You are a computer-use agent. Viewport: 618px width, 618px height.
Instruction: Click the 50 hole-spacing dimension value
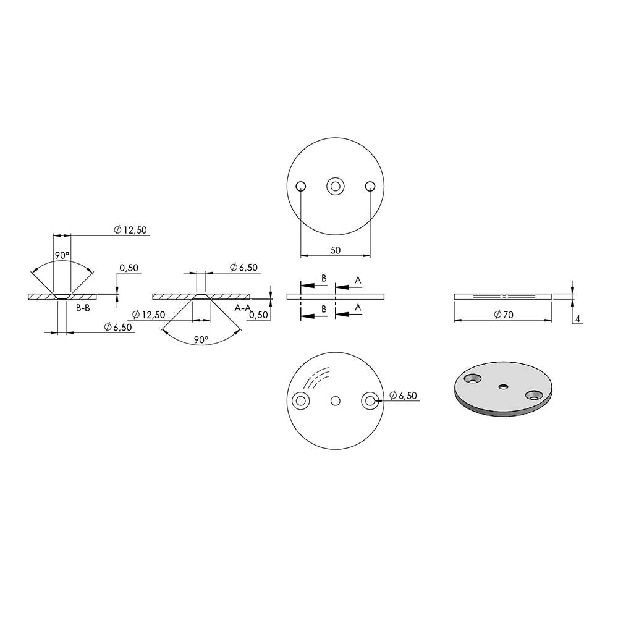(x=335, y=250)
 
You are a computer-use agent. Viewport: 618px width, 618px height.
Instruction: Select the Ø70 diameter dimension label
(x=504, y=315)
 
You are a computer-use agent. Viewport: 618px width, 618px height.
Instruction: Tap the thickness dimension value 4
(x=578, y=319)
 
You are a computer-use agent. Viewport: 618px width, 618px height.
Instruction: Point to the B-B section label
(x=83, y=308)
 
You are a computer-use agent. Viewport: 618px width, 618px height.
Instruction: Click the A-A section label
(x=242, y=308)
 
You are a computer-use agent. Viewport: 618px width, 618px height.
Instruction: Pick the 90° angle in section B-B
(x=62, y=255)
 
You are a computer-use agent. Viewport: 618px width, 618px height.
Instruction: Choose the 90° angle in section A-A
(x=201, y=340)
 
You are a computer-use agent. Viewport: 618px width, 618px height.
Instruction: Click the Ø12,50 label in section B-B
(x=130, y=230)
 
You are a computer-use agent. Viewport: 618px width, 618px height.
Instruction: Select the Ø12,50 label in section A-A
(x=148, y=315)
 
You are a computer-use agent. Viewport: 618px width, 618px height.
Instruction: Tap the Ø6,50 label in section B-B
(x=118, y=327)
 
